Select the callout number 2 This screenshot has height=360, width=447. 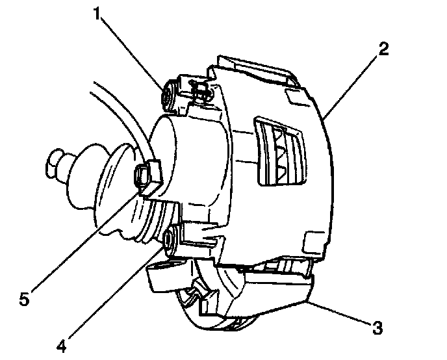tap(384, 49)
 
